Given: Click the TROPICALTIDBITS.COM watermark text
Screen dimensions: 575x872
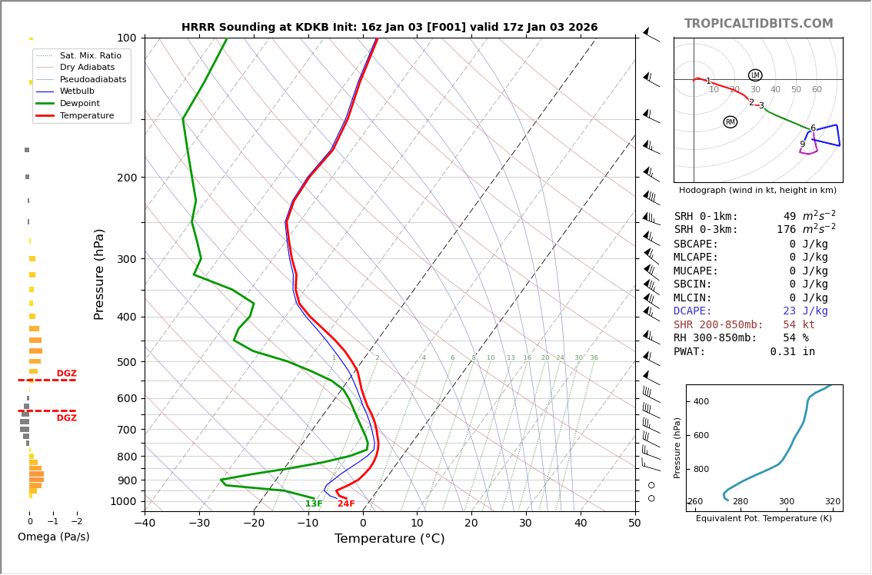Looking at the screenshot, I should [758, 24].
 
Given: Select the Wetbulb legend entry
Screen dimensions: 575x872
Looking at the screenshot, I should [77, 91].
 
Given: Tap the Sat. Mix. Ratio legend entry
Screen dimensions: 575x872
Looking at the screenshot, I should [90, 56].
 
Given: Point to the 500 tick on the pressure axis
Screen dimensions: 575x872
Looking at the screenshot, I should [126, 362].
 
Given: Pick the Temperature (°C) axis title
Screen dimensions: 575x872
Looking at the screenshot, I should [389, 539].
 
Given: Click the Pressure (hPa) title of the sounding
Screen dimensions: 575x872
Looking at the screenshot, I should [99, 274].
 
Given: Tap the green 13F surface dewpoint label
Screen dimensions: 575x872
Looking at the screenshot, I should [314, 504].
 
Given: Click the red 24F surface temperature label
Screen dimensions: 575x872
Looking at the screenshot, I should [346, 504].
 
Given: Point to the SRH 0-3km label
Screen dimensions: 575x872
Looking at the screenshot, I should [706, 230].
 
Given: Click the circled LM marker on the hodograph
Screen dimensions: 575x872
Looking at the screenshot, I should [755, 75].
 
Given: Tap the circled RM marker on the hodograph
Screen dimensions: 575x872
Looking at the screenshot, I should [730, 122].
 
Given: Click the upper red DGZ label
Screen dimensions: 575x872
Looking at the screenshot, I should [67, 374].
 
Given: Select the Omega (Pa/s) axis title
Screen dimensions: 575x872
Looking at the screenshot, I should [54, 537].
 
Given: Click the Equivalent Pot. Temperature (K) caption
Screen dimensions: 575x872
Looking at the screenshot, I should [764, 519].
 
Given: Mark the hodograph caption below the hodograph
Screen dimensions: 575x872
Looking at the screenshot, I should [757, 191].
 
